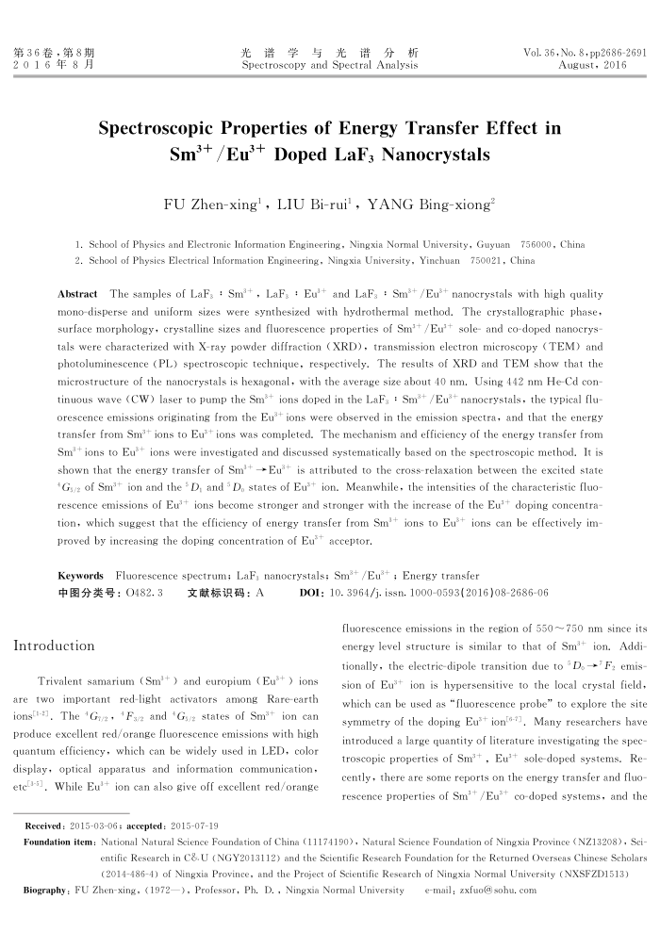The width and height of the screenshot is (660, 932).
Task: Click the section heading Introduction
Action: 54,646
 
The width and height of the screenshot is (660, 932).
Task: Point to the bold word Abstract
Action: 79,294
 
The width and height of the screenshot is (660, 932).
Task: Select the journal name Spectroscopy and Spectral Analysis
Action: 329,66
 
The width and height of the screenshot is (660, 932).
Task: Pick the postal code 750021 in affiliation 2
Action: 490,259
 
